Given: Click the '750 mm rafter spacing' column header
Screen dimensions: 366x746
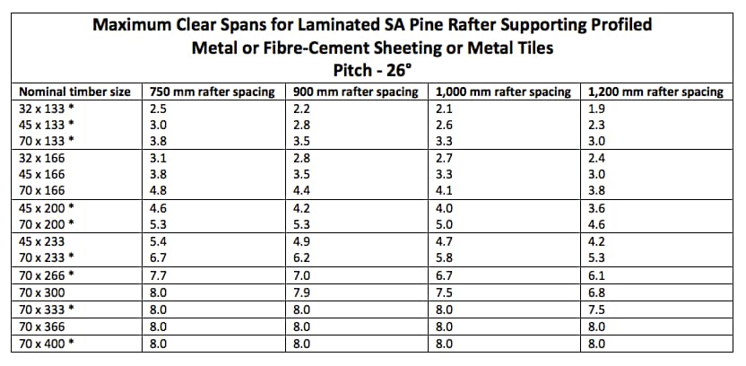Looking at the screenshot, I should coord(213,91).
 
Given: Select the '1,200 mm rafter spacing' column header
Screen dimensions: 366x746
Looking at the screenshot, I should coord(655,91).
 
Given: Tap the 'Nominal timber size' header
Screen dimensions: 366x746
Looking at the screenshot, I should coord(75,91).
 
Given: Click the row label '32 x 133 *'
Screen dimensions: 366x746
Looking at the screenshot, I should coord(47,108).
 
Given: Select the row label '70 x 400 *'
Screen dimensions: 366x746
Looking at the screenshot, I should coord(47,343).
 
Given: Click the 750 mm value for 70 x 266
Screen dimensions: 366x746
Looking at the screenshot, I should coord(159,275).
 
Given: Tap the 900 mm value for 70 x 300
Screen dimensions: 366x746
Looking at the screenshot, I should coord(302,292).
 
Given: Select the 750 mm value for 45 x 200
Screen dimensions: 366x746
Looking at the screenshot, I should coord(159,208).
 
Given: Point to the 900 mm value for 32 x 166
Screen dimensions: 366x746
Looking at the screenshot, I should coord(302,158).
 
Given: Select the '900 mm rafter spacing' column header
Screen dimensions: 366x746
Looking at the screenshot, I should coord(357,91).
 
